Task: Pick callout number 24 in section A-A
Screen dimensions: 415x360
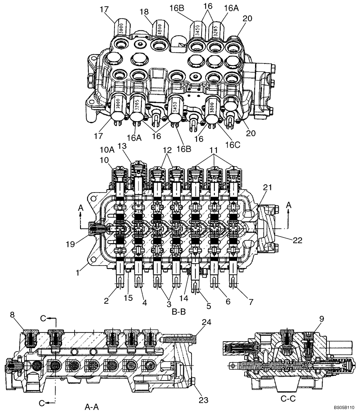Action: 206,322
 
